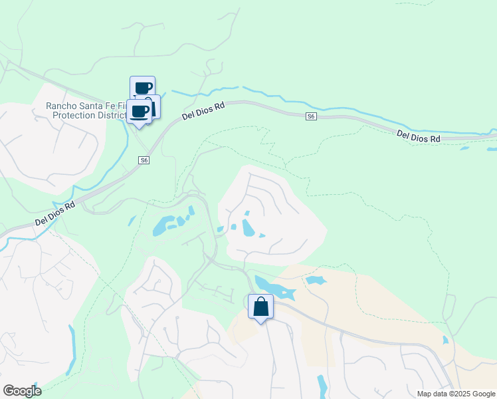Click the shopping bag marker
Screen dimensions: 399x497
(260, 307)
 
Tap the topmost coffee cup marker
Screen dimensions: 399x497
(142, 88)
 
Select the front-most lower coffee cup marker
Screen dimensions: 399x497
(139, 111)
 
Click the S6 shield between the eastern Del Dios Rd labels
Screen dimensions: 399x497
(311, 116)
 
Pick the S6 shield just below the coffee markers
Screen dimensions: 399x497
(144, 160)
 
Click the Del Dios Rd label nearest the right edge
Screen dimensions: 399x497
(419, 136)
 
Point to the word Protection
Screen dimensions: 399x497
(78, 116)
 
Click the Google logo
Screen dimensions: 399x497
(22, 391)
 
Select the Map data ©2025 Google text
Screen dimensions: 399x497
(455, 394)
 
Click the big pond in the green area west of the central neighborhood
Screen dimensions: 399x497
(161, 227)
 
